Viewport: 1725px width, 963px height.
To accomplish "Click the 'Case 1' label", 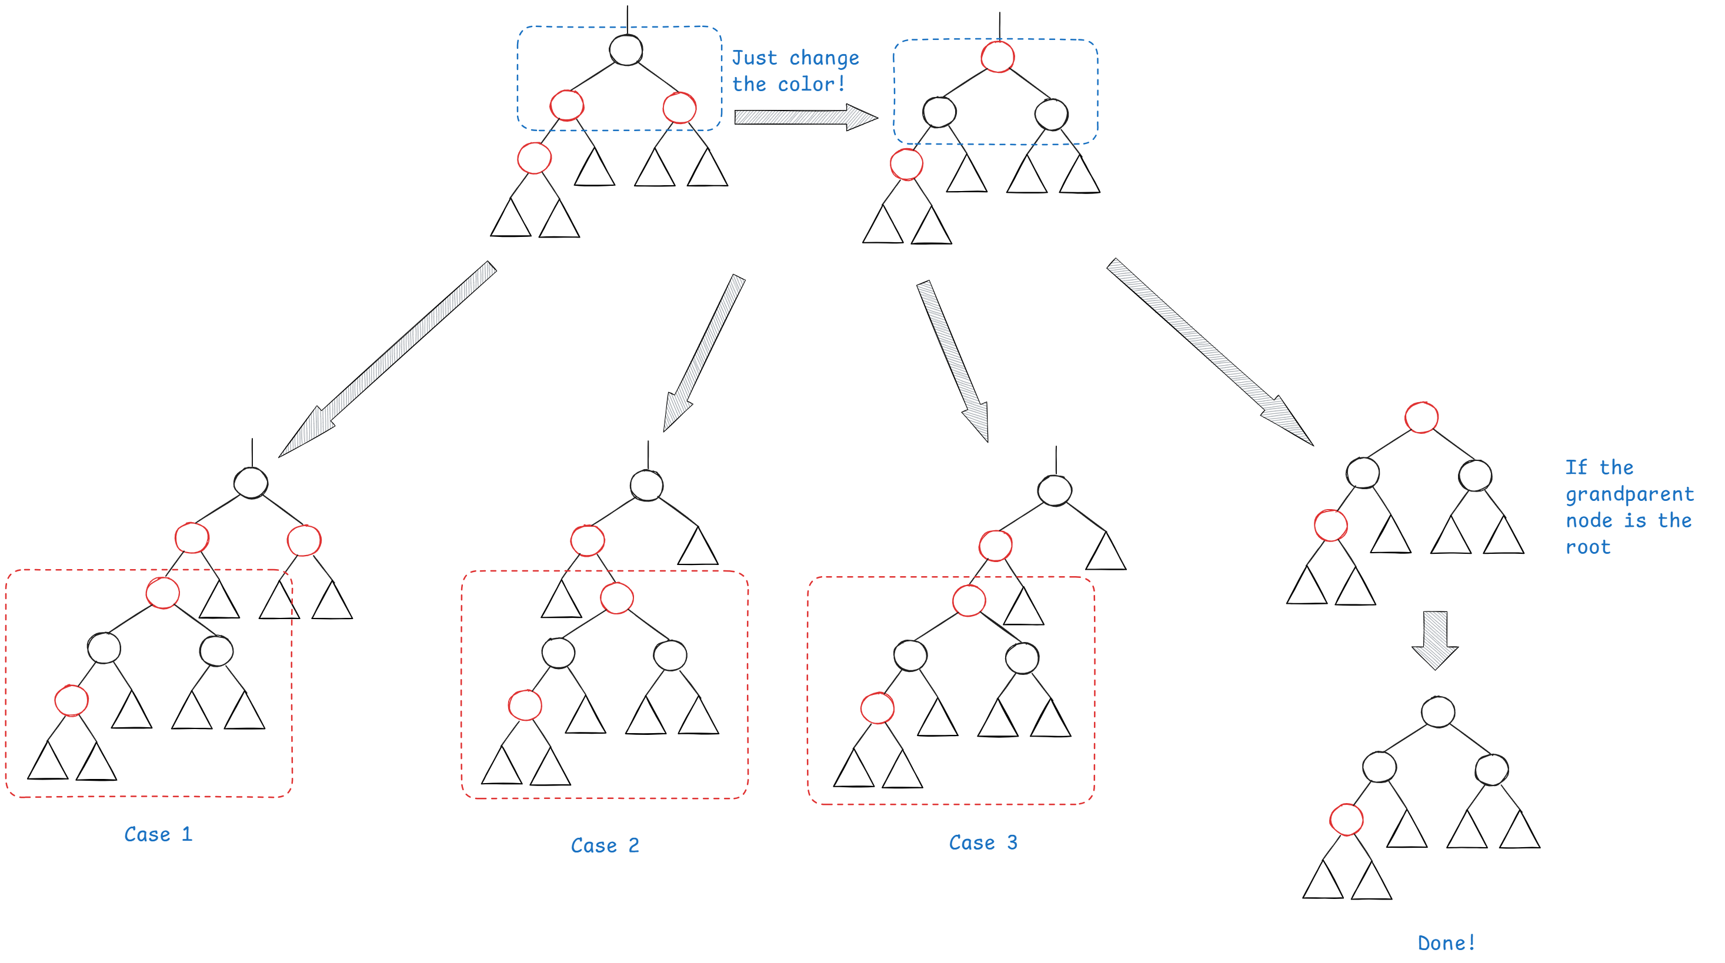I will click(159, 834).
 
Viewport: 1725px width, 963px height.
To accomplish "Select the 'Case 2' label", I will click(605, 845).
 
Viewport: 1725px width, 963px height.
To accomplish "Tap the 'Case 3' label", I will click(983, 842).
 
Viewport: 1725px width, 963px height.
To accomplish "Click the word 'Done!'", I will click(1446, 943).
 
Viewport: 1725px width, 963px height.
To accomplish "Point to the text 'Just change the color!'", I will click(795, 71).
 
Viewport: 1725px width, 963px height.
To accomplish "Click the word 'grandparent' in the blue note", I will click(1629, 494).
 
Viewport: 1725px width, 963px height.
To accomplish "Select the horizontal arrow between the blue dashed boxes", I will click(805, 118).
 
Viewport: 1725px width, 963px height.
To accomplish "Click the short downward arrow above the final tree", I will click(1434, 639).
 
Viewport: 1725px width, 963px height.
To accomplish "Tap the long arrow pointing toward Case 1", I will click(388, 358).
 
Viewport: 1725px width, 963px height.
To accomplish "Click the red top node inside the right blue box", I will click(997, 57).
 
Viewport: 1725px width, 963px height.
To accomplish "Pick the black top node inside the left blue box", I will click(626, 50).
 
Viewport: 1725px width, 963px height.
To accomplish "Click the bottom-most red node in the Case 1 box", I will click(72, 701).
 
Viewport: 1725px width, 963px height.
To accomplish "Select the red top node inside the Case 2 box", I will click(617, 597).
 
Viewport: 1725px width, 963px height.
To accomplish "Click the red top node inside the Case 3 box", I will click(968, 600).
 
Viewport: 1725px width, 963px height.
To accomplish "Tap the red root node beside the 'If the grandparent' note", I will click(1421, 417).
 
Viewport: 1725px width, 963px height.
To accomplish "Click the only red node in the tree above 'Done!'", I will click(1346, 820).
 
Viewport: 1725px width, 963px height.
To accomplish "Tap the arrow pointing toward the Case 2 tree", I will click(704, 352).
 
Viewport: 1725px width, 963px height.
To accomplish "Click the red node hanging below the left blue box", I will click(533, 159).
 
